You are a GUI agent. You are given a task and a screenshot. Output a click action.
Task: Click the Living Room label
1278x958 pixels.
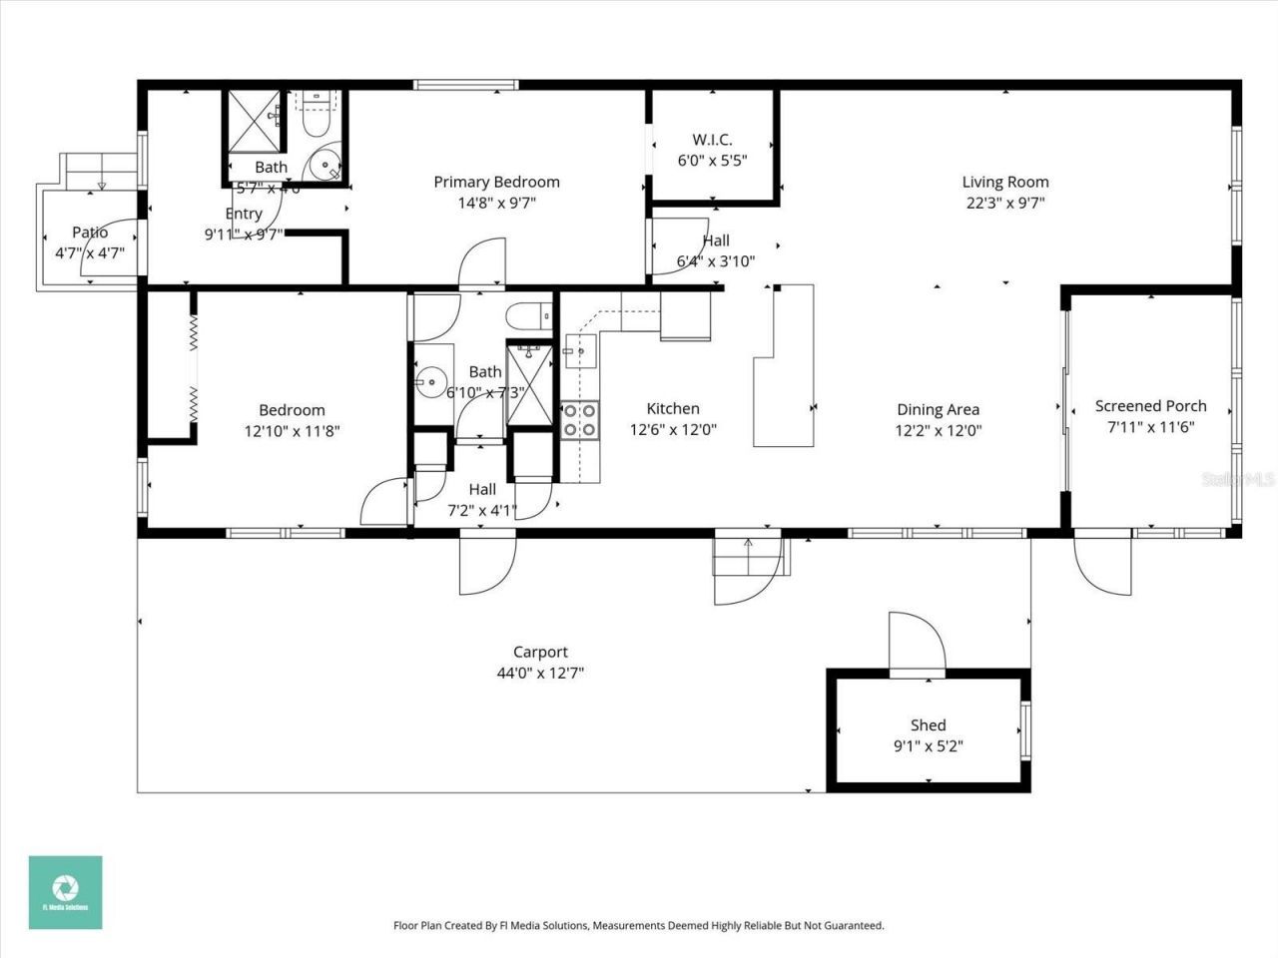(1004, 182)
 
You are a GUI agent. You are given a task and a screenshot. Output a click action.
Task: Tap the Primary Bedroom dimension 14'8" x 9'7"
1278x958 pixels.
(496, 203)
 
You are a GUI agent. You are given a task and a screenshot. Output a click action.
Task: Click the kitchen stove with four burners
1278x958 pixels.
(579, 420)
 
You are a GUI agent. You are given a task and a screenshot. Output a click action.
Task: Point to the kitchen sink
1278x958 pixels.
(579, 350)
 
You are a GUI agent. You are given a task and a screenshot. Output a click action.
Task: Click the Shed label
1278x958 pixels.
(928, 725)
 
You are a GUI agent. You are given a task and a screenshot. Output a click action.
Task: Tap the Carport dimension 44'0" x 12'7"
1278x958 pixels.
(540, 673)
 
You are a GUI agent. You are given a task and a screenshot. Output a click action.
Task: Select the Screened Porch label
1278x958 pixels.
(1150, 406)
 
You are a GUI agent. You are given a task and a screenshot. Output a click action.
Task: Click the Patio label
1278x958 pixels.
(90, 233)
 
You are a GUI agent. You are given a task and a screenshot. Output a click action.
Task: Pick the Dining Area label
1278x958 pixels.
(938, 409)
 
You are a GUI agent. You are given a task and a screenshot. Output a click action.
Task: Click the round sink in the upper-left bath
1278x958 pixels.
(324, 166)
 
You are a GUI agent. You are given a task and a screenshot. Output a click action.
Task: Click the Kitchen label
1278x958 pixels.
(673, 408)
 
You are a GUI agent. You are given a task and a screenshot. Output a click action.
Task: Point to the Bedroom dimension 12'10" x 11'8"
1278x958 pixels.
(292, 431)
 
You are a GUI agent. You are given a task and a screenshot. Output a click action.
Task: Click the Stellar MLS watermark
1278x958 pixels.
(1238, 479)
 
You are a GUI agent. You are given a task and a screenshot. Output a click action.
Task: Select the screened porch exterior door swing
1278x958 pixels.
(1103, 567)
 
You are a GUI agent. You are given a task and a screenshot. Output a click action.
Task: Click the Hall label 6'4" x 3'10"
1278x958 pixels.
(715, 240)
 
